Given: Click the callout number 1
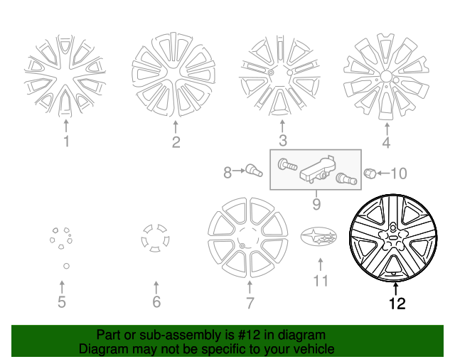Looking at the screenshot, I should (66, 141).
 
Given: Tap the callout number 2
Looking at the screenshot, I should (176, 142).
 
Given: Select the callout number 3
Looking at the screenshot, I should (282, 141).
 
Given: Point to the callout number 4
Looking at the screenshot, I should (386, 142).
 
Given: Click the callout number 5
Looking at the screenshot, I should (62, 303).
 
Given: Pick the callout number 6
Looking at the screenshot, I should (156, 303).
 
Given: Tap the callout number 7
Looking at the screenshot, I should (250, 304).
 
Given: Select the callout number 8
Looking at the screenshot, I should (228, 172).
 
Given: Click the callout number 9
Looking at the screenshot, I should (316, 205).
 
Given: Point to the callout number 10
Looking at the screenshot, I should (399, 173).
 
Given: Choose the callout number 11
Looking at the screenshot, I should (321, 280).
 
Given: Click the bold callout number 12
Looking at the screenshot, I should (397, 304).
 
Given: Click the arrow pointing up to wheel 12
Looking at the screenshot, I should (396, 287).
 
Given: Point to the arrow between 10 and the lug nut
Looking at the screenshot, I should (382, 173).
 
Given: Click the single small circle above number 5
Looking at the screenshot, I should (65, 266).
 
